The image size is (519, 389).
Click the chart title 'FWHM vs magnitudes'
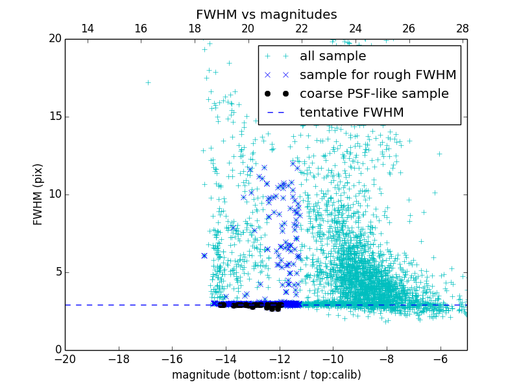click(266, 14)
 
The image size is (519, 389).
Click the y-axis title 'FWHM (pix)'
click(38, 194)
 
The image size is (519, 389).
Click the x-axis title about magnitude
click(266, 375)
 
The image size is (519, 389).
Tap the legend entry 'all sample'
click(332, 56)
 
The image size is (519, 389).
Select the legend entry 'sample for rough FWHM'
click(378, 75)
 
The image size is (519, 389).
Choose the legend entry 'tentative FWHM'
click(352, 112)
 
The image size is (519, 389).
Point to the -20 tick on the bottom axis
click(65, 359)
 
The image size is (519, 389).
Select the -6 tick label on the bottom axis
click(440, 359)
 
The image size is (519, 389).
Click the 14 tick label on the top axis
click(87, 29)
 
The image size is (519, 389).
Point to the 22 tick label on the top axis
click(302, 29)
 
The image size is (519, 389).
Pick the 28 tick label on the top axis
click(463, 29)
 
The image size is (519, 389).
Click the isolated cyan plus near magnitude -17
click(148, 82)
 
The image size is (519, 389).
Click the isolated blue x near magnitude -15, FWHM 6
click(204, 255)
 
